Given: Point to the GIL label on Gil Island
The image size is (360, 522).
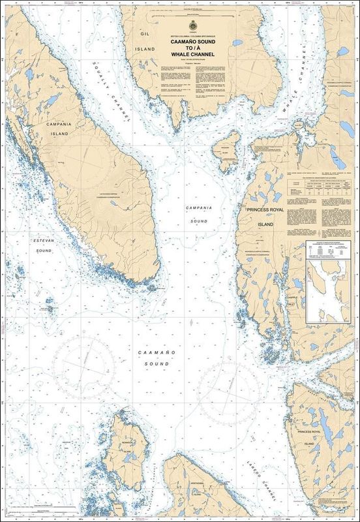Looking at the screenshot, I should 145,31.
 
